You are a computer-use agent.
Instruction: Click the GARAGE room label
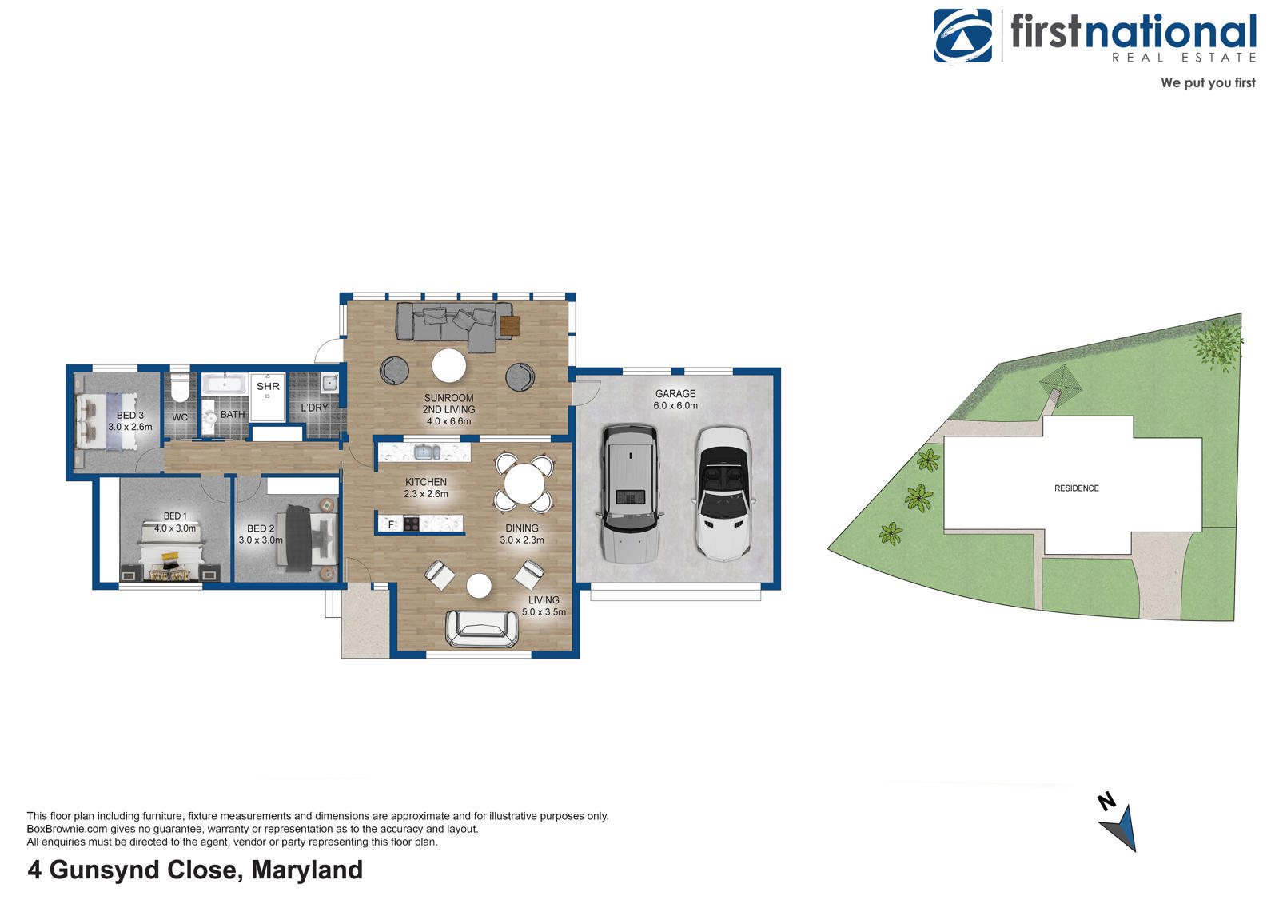pos(675,394)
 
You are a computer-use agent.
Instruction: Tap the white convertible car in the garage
pos(723,495)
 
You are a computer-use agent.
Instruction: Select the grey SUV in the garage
pos(630,493)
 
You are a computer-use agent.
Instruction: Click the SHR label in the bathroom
pos(268,387)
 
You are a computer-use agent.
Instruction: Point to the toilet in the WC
pos(181,387)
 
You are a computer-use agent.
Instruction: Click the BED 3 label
pos(130,416)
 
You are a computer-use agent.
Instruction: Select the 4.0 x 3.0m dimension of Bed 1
pos(175,529)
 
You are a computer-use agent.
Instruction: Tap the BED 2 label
pos(261,529)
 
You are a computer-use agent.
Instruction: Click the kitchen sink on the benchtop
pos(427,452)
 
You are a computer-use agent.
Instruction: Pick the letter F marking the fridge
pos(391,524)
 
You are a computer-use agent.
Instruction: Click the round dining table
pos(524,484)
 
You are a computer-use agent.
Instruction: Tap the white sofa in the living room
pos(483,629)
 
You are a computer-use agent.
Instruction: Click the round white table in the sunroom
pos(448,365)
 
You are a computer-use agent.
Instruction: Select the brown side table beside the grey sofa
pos(509,326)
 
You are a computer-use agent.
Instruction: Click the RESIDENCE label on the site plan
pos(1076,488)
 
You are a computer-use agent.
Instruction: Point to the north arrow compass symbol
pos(1118,823)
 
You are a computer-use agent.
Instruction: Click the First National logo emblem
pos(962,35)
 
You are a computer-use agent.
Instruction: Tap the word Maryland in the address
pos(307,870)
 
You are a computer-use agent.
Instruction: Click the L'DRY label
pos(315,408)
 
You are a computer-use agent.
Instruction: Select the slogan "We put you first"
pos(1208,83)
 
